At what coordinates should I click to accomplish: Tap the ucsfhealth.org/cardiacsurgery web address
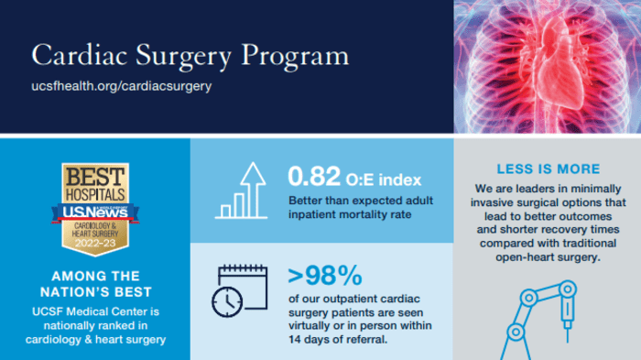[x=122, y=86]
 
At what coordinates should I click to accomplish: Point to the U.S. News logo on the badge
[x=94, y=213]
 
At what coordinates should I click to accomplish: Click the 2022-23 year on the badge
[x=94, y=245]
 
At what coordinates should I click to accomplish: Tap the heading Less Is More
[x=548, y=169]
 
